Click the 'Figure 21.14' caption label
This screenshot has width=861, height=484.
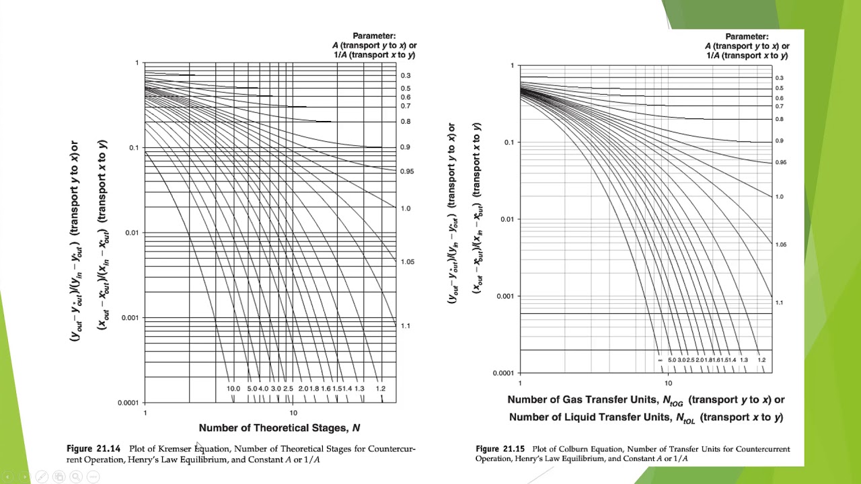coord(93,448)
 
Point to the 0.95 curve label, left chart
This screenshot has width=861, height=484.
coord(407,171)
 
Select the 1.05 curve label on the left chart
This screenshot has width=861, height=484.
coord(407,262)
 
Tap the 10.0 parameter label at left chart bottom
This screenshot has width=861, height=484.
coord(233,389)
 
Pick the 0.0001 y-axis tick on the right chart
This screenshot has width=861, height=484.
coord(502,372)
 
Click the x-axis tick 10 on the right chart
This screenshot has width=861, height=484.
coord(668,383)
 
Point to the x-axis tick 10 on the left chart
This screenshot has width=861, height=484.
coord(293,413)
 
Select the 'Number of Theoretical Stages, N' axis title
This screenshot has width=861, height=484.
coord(279,428)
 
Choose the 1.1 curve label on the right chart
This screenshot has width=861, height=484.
coord(779,302)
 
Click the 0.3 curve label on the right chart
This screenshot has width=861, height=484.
coord(779,78)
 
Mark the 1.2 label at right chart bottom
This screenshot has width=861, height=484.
coord(761,360)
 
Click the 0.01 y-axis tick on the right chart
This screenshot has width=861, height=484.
coord(506,219)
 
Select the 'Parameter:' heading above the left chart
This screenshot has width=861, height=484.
coord(374,36)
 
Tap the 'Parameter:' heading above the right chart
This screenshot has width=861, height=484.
coord(747,36)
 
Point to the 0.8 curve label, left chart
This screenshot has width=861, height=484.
coord(406,122)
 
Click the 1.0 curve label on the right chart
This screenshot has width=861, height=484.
coord(779,197)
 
